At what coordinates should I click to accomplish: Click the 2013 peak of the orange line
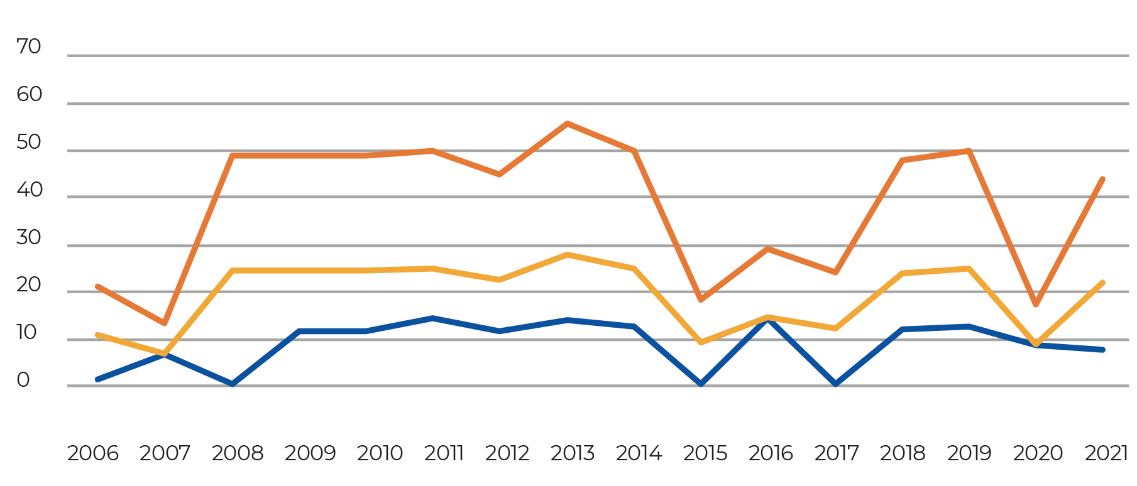point(567,123)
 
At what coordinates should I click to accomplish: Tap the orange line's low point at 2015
point(701,300)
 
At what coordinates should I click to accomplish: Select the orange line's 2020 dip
point(1035,305)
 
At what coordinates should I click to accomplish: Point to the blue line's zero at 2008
point(232,384)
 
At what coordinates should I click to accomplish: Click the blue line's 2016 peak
point(768,321)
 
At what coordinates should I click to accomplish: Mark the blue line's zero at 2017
point(835,384)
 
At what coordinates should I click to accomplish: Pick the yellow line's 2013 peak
point(567,254)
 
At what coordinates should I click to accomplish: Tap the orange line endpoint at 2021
point(1103,179)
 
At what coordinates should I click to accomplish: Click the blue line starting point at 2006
point(97,379)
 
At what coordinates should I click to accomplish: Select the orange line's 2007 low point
point(165,323)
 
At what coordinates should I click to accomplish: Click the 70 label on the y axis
point(29,47)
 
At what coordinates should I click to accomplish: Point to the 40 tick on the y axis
point(29,190)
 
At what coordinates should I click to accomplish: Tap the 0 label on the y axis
point(23,381)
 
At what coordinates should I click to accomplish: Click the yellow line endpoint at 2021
point(1103,283)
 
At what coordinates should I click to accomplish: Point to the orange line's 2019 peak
point(969,151)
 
